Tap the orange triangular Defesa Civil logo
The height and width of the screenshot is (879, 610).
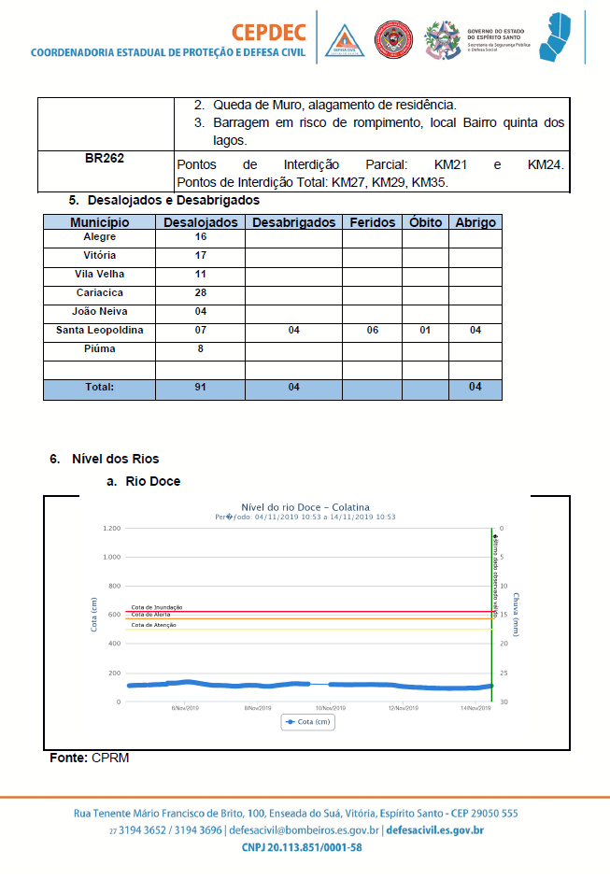[x=344, y=40]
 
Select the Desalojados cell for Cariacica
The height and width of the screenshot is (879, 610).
[x=201, y=293]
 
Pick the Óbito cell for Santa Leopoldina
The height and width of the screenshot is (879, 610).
[x=425, y=331]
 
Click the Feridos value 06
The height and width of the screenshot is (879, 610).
[x=372, y=331]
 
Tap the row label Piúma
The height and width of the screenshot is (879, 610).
[x=99, y=349]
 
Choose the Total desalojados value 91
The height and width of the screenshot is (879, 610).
[x=201, y=387]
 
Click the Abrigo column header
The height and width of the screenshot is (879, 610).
[x=475, y=222]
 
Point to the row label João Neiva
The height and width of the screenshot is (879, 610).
[x=99, y=312]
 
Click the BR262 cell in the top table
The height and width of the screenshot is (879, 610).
[x=105, y=158]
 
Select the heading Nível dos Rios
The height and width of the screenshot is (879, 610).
[x=115, y=459]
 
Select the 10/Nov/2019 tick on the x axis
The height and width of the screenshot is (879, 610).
[x=332, y=708]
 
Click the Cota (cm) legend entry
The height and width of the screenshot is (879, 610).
[x=308, y=721]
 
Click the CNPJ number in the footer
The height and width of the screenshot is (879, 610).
[x=302, y=847]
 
